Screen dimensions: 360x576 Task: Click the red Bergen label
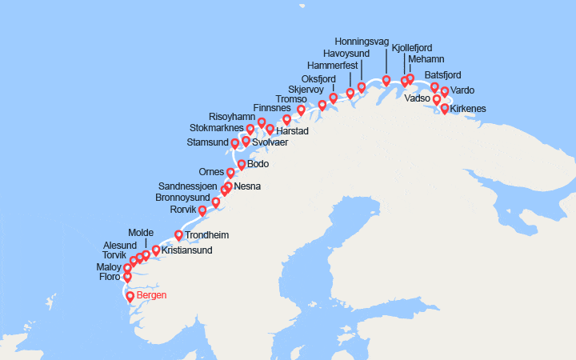[x=152, y=295]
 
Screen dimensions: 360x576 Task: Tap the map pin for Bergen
[x=130, y=296]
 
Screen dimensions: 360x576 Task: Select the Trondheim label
[x=207, y=235]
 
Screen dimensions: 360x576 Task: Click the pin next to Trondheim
[x=178, y=235]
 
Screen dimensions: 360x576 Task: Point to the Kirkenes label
[x=468, y=108]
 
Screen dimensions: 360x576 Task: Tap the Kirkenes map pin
[x=445, y=108]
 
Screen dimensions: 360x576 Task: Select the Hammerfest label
[x=333, y=65]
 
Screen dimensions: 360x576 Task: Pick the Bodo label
[x=258, y=164]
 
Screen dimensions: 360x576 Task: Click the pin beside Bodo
[x=242, y=165]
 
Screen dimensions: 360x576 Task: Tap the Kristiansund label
[x=186, y=250]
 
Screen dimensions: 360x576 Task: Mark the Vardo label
[x=462, y=90]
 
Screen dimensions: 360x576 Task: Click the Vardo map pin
[x=445, y=91]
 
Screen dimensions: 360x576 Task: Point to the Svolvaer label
[x=270, y=142]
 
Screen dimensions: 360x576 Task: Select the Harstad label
[x=292, y=130]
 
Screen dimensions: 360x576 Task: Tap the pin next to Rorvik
[x=202, y=210]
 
